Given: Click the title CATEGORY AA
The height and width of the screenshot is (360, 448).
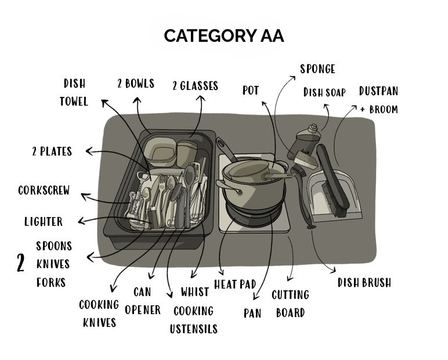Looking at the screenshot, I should [223, 36].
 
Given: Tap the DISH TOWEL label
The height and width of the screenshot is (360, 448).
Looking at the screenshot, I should [74, 92].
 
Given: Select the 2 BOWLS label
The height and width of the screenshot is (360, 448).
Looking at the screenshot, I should [136, 84].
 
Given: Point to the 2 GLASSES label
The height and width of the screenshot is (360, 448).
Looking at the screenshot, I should [195, 86].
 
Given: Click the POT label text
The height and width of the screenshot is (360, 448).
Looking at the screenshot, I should [251, 91].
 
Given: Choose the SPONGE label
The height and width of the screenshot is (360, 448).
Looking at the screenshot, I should [317, 69].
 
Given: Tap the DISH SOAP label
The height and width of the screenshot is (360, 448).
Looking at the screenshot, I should [324, 93].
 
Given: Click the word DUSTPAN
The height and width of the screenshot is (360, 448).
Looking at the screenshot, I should [378, 91].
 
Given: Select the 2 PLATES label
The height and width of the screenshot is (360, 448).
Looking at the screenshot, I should [52, 152].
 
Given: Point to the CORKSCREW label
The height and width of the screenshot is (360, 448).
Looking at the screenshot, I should [44, 190].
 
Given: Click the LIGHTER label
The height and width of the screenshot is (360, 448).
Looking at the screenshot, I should [44, 221].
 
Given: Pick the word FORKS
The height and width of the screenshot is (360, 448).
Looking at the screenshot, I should [51, 283].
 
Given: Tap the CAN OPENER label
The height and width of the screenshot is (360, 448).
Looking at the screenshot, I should [143, 301].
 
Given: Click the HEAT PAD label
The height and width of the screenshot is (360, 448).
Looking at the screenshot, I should [235, 285].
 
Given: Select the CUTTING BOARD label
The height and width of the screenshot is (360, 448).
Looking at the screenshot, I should [290, 304].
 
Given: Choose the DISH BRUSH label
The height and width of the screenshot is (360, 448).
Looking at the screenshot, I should [364, 283].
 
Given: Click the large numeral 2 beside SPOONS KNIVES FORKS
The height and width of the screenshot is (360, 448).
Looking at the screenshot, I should [21, 264].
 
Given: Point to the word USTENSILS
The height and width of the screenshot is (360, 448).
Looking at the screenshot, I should [193, 329].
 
